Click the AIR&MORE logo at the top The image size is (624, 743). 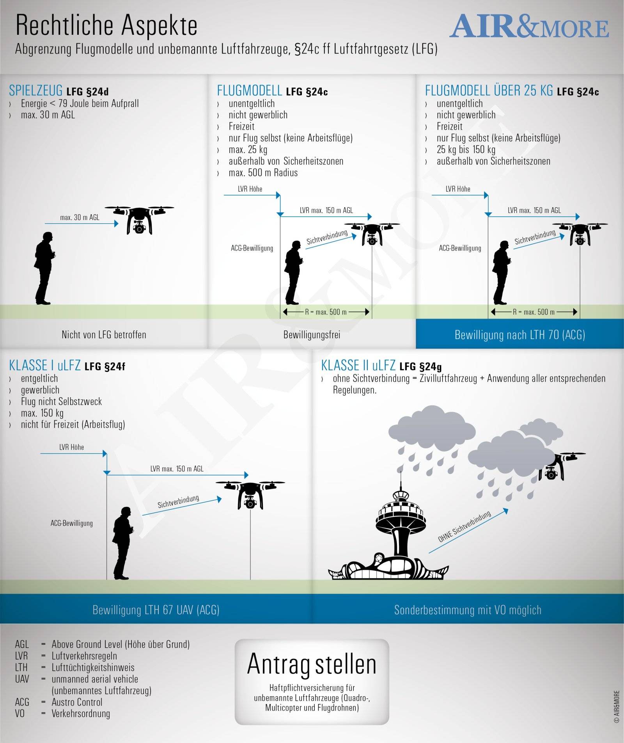[x=529, y=26]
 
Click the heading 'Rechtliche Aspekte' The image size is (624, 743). [x=106, y=25]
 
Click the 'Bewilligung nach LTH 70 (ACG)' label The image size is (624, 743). [x=520, y=335]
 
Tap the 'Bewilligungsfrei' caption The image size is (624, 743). [x=312, y=335]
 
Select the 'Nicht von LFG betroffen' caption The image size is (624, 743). [x=104, y=335]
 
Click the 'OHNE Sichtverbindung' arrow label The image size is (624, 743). [x=464, y=526]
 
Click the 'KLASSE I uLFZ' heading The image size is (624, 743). [x=45, y=366]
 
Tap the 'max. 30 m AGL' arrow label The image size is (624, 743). [x=80, y=217]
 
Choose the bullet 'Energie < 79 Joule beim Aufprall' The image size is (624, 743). [x=80, y=103]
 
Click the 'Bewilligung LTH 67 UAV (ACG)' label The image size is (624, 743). [x=156, y=610]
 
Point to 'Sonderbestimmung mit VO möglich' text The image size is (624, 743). [x=468, y=610]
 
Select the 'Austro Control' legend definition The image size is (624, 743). [x=77, y=702]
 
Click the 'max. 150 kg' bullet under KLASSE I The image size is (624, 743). [x=42, y=413]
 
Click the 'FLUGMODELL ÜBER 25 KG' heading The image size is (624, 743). [x=489, y=91]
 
